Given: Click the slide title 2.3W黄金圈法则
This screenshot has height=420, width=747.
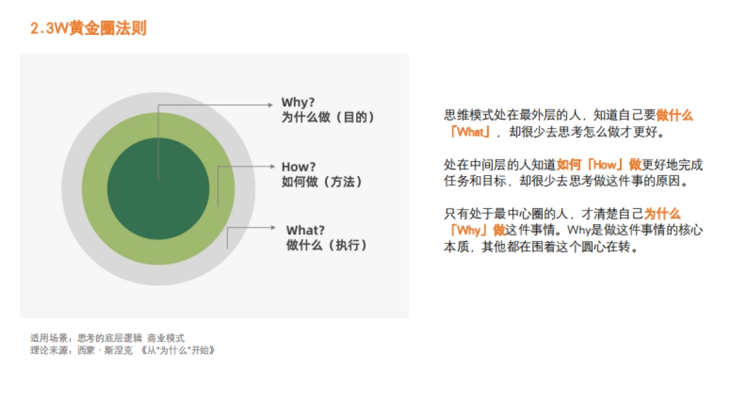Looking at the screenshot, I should click(x=88, y=29).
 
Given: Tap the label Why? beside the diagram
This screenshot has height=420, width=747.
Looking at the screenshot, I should click(x=299, y=103).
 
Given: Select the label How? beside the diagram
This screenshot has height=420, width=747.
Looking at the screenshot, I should click(x=299, y=167).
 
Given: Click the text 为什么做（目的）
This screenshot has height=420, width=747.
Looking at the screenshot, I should click(x=328, y=117).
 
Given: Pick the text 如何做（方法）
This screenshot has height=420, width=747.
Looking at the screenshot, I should click(x=322, y=182).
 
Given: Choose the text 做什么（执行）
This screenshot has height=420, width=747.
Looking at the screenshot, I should click(x=327, y=245).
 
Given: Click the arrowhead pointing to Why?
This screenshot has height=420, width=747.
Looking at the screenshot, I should click(x=271, y=105).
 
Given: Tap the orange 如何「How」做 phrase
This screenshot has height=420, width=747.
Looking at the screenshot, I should click(x=599, y=165).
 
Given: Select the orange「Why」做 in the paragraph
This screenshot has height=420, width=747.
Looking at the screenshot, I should click(x=477, y=230).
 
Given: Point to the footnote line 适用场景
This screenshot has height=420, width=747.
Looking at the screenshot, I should click(x=108, y=338).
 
